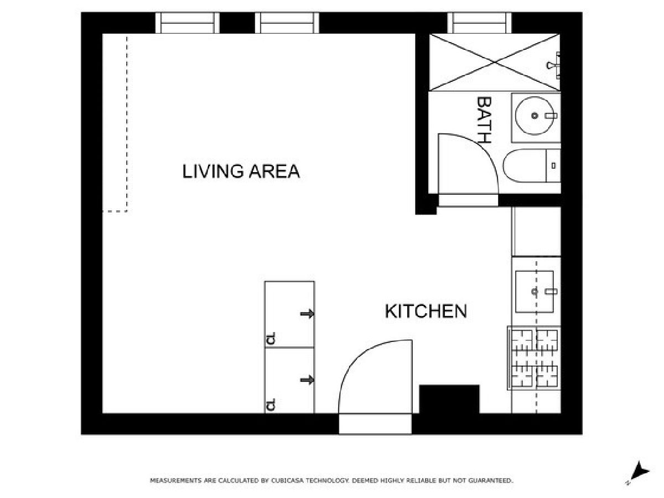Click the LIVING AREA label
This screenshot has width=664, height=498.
click(241, 171)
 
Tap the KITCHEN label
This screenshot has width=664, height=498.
click(426, 311)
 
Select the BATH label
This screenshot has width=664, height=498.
click(484, 120)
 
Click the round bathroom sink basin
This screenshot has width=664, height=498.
click(535, 116)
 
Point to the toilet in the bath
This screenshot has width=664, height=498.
click(532, 165)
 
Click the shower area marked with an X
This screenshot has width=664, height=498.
click(495, 63)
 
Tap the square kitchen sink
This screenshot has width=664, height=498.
click(535, 292)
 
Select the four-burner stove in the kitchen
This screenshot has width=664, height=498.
click(534, 358)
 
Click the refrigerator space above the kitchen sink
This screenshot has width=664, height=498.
click(536, 231)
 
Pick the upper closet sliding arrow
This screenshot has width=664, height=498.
click(307, 314)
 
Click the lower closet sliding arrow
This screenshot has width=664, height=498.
click(307, 380)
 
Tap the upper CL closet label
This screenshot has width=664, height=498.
click(271, 338)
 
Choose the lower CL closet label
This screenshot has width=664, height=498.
click(271, 404)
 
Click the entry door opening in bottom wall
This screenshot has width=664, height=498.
click(375, 424)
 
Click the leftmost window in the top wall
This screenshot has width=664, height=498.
click(187, 23)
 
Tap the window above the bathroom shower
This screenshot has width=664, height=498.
click(480, 23)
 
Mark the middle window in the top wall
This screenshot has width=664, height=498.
click(287, 23)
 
